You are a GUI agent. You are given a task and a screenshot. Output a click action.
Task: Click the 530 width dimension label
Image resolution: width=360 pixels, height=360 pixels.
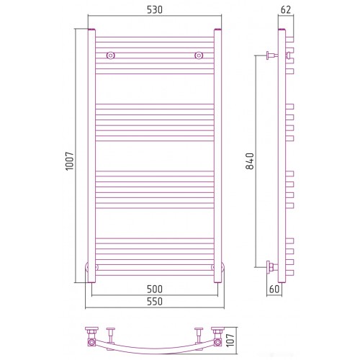pyautogui.click(x=155, y=10)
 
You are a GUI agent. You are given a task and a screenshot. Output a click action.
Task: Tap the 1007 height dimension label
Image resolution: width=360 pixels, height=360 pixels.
pyautogui.click(x=70, y=161)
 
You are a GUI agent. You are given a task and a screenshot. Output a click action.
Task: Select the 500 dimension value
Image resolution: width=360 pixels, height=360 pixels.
pyautogui.click(x=155, y=289)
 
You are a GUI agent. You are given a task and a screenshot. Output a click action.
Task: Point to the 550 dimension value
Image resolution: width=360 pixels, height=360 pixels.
pyautogui.click(x=155, y=302)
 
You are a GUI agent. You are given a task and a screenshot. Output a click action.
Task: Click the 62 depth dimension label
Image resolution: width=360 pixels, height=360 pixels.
pyautogui.click(x=286, y=10)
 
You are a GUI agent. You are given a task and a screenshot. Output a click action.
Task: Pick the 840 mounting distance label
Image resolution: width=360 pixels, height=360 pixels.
pyautogui.click(x=250, y=161)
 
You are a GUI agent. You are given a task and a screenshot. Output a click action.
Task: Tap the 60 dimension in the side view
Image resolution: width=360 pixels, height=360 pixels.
pyautogui.click(x=274, y=289)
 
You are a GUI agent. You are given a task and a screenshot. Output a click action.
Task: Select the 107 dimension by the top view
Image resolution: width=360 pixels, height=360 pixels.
pyautogui.click(x=230, y=340)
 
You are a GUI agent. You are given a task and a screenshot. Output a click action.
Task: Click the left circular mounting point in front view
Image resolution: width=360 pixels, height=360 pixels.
pyautogui.click(x=110, y=55)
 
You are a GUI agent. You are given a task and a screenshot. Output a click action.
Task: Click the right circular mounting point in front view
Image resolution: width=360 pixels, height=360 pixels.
pyautogui.click(x=199, y=55)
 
